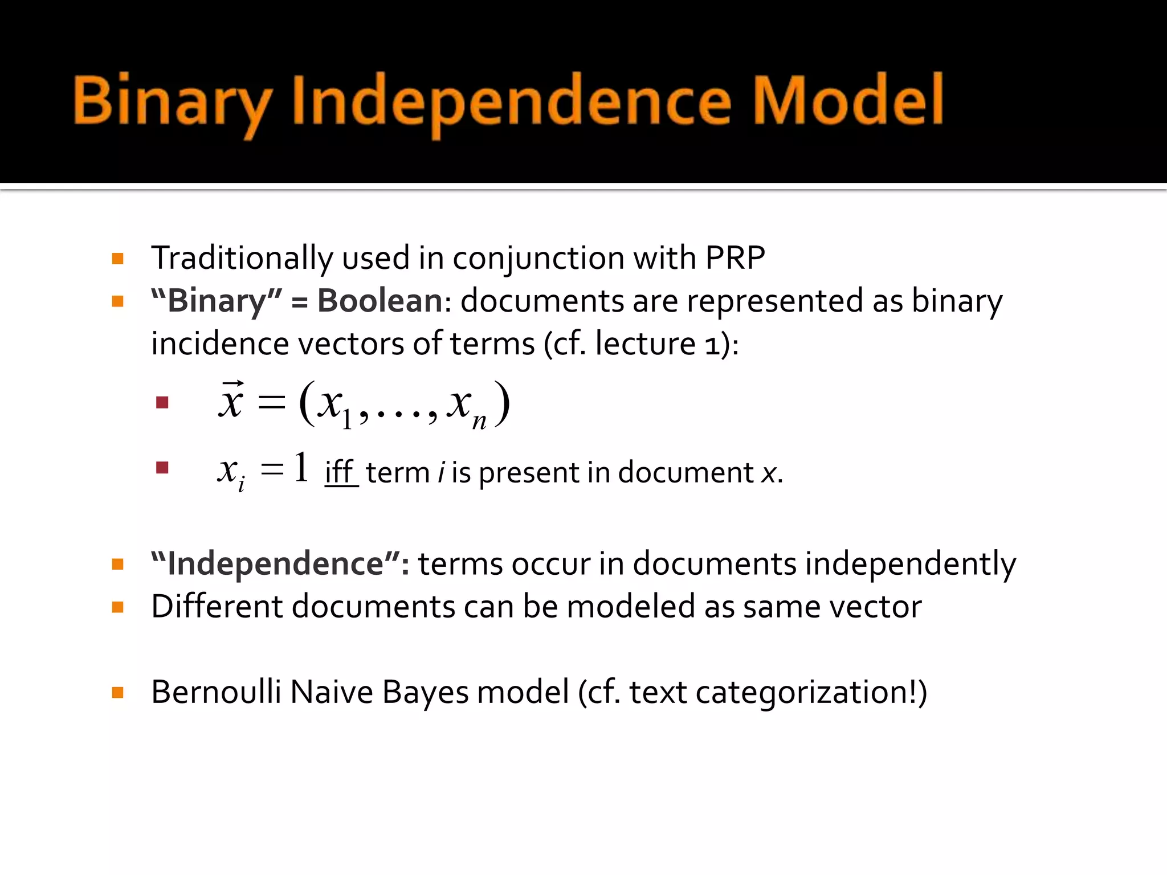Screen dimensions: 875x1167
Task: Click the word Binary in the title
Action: (171, 101)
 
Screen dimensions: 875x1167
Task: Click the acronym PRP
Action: (735, 258)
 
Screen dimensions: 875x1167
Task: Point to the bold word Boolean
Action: (380, 301)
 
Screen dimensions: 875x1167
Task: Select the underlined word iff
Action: (340, 472)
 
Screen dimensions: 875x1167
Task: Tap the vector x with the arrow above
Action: (231, 400)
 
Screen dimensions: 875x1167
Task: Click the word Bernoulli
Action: (216, 692)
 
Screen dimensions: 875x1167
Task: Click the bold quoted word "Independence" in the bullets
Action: (279, 564)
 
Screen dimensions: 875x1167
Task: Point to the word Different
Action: (217, 606)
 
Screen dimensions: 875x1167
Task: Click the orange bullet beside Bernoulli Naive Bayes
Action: (118, 693)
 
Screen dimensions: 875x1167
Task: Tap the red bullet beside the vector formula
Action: (162, 403)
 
